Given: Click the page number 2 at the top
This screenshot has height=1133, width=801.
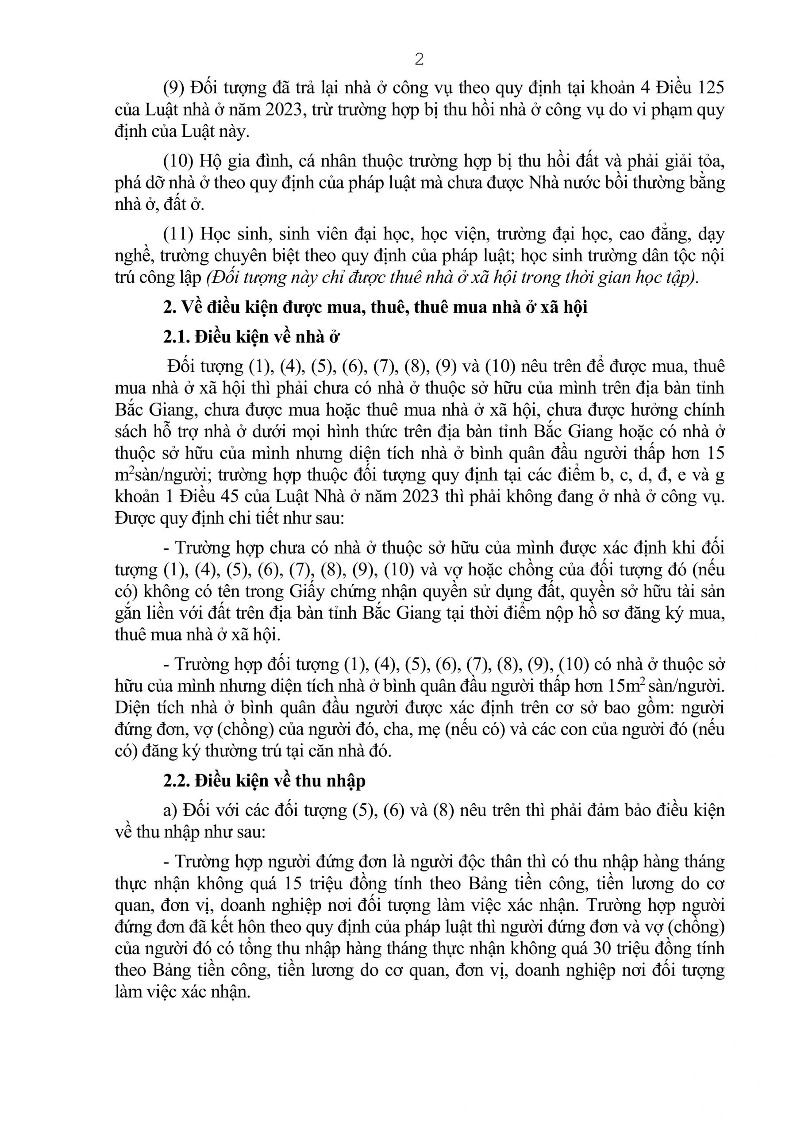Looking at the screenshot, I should [x=419, y=60].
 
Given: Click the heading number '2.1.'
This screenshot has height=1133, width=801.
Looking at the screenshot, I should [x=176, y=337].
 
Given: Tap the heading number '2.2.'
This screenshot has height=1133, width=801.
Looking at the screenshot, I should [x=176, y=781].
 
